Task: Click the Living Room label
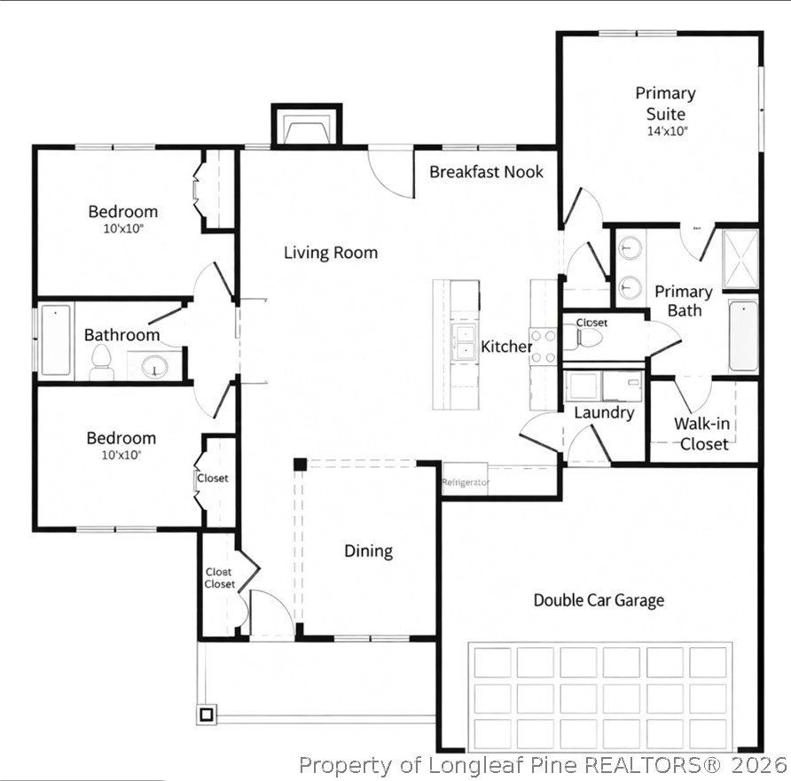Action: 330,253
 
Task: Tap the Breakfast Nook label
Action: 486,172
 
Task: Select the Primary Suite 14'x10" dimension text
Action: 665,131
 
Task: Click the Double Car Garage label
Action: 598,600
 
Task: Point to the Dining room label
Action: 368,551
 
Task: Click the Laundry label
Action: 604,413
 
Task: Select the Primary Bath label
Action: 683,301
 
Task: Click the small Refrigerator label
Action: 466,482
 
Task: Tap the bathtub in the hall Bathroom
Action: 55,340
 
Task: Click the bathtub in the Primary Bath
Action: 743,336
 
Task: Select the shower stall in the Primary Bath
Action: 740,258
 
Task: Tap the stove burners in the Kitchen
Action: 543,347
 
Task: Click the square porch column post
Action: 207,713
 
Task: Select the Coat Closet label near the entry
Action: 220,578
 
